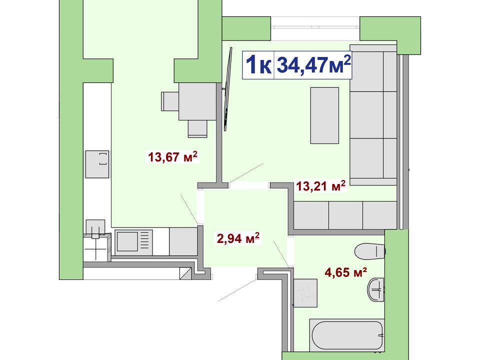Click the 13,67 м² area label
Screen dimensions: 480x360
(173, 156)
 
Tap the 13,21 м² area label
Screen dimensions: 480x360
(321, 186)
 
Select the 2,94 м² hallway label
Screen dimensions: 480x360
(238, 238)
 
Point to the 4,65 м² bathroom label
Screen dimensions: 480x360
(346, 272)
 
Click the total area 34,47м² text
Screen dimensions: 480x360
(313, 64)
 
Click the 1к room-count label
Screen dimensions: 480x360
(258, 65)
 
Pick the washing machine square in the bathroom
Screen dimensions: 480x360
(305, 293)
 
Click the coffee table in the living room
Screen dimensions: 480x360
(324, 115)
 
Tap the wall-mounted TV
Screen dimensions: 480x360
(227, 89)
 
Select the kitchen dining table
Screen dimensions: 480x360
(197, 101)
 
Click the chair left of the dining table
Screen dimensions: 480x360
(170, 101)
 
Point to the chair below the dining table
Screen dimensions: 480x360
(197, 128)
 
